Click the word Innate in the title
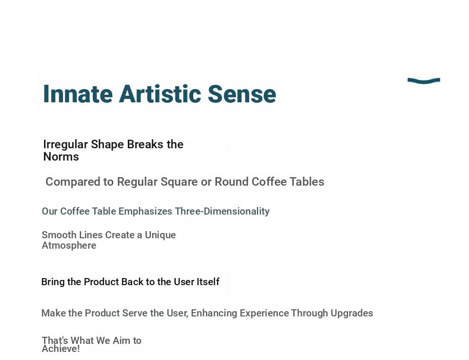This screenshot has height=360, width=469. (78, 94)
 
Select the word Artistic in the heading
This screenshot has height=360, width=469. (160, 94)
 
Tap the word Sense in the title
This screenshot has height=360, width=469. (242, 94)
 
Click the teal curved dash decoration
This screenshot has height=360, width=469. (424, 81)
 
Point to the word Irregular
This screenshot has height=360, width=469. (65, 145)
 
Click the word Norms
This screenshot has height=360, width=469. (61, 157)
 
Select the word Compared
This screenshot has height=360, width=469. (73, 182)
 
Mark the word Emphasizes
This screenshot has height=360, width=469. (145, 211)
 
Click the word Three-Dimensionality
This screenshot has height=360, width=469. (222, 211)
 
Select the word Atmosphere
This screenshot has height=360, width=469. (69, 245)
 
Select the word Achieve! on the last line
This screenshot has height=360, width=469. (61, 349)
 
